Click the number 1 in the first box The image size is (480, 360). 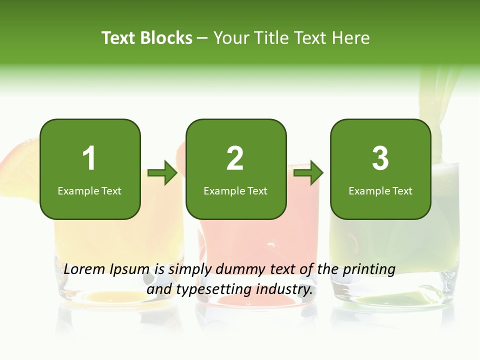(x=89, y=158)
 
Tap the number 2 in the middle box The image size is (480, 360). (x=235, y=158)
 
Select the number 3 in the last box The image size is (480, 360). (x=380, y=158)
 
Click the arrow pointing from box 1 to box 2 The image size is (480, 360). (x=163, y=173)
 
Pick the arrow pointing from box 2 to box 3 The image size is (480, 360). (x=308, y=173)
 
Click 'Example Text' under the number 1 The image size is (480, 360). (x=89, y=191)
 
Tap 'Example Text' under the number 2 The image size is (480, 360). (x=235, y=191)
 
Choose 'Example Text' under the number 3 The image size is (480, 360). (x=380, y=191)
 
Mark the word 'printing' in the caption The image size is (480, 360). (x=368, y=270)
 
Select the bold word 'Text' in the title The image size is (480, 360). (x=118, y=38)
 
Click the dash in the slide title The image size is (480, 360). (x=202, y=38)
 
